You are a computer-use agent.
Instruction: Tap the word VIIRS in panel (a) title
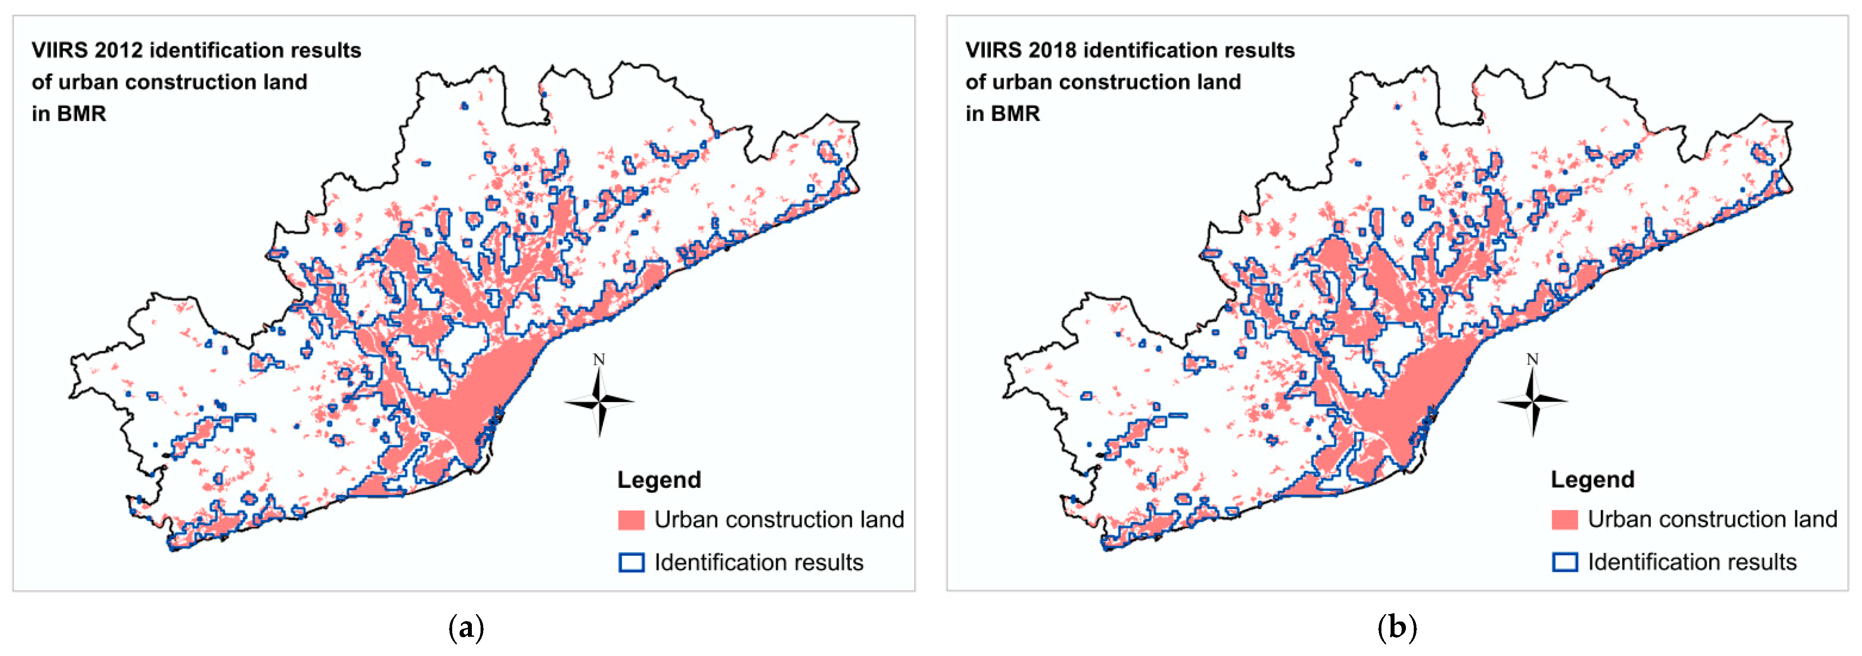(59, 51)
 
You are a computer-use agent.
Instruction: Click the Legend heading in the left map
(658, 480)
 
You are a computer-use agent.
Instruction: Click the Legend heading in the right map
(1592, 480)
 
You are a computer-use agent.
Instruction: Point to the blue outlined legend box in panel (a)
(631, 563)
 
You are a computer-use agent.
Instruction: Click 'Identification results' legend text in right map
(1692, 562)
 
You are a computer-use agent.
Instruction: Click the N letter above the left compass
(599, 359)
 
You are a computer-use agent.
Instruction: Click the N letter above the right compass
(1533, 359)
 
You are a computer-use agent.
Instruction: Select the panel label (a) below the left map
(466, 627)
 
